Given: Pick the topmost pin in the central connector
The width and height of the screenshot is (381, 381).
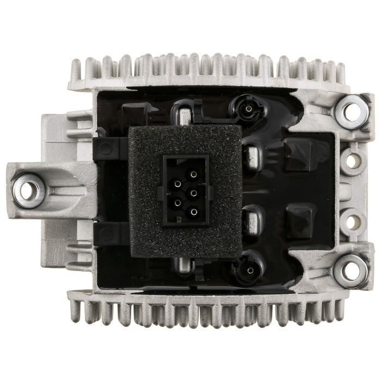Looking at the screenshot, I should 193,174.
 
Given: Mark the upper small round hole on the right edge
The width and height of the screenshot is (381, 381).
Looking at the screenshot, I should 353,161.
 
